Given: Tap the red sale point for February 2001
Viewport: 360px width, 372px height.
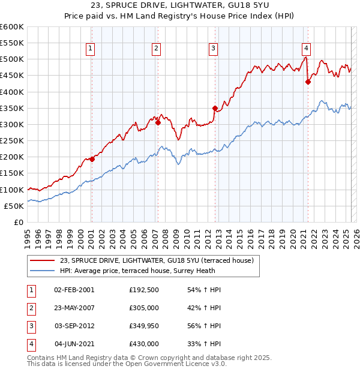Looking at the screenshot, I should [92, 159].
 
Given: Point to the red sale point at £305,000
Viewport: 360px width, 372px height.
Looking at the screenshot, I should [158, 122].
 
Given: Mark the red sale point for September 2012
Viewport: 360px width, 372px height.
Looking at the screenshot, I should [214, 108].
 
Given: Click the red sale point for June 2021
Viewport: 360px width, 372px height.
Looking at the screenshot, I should [308, 82].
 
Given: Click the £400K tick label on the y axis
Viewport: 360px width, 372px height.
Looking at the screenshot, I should [11, 92].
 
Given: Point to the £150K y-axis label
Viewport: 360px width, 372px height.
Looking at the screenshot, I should [11, 173].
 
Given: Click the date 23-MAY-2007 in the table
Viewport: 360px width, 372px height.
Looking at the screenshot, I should [74, 308].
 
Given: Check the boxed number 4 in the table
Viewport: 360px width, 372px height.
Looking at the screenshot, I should [30, 344].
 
